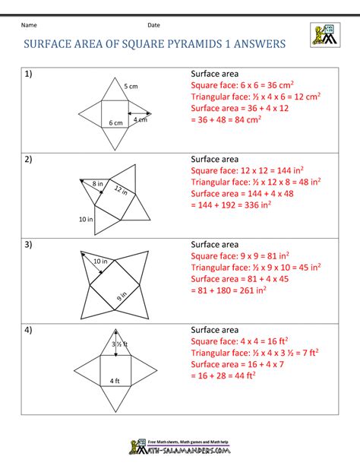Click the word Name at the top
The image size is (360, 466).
(29, 25)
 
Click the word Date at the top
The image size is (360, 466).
(153, 25)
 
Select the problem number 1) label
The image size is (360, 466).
(29, 74)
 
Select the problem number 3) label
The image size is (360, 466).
(29, 244)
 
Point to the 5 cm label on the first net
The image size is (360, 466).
(131, 86)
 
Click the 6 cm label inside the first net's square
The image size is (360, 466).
(115, 122)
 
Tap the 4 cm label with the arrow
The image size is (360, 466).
(141, 119)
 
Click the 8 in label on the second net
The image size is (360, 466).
(97, 184)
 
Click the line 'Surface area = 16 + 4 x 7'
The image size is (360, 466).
(238, 363)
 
